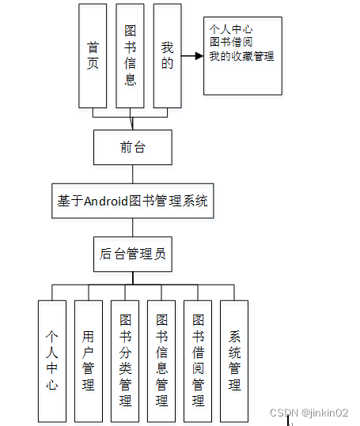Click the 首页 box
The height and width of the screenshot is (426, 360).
tap(93, 55)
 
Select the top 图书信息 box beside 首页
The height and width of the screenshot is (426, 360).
tap(130, 55)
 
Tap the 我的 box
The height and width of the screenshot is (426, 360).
tap(167, 55)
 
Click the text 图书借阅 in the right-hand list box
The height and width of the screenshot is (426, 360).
tap(231, 43)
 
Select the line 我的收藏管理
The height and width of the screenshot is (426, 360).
tap(242, 55)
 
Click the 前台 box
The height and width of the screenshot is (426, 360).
tap(132, 147)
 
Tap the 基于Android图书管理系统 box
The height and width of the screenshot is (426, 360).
tap(132, 201)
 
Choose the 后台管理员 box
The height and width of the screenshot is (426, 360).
tap(132, 254)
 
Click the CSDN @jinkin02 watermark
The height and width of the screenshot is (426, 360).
tap(309, 413)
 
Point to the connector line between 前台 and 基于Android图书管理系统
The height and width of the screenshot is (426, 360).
tap(132, 174)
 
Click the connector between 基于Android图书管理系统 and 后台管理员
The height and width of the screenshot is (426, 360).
tap(132, 227)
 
